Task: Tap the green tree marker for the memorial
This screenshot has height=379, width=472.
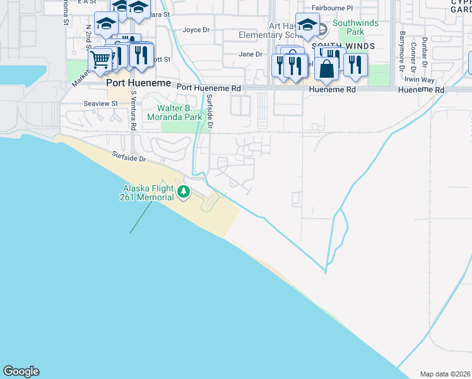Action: click(x=184, y=191)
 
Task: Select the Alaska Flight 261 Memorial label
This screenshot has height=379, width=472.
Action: click(x=148, y=193)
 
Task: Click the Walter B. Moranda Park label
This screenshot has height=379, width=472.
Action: click(x=175, y=112)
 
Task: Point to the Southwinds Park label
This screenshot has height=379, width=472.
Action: click(x=348, y=27)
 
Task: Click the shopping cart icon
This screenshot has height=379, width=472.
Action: click(x=100, y=61)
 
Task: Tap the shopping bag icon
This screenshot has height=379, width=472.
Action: click(x=327, y=68)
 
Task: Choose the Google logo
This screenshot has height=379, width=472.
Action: click(x=21, y=371)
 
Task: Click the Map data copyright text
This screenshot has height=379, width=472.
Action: click(x=445, y=374)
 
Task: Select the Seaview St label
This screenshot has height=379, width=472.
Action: click(x=101, y=103)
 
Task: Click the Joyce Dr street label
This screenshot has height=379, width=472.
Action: click(x=196, y=30)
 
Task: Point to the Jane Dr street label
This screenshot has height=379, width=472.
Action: click(x=250, y=54)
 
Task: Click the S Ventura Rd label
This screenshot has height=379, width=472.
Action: click(x=134, y=110)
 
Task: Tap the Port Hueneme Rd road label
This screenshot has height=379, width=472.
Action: click(x=209, y=88)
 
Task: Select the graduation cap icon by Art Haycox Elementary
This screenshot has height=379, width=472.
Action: click(x=307, y=25)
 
